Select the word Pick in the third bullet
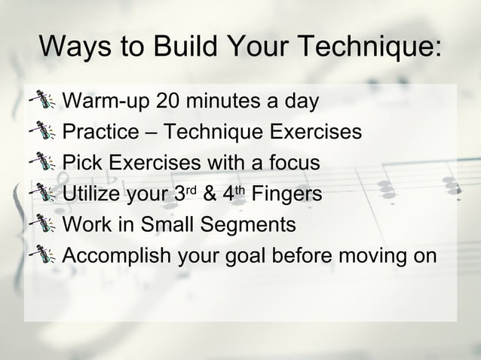(78, 163)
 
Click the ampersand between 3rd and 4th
(210, 194)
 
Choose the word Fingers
(286, 194)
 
